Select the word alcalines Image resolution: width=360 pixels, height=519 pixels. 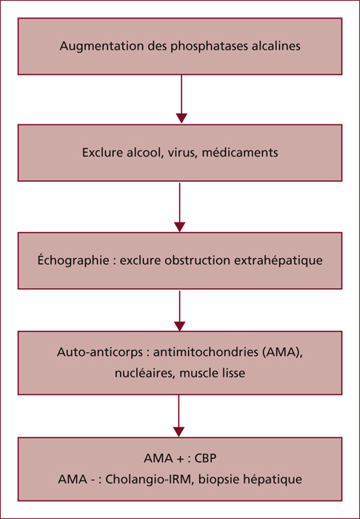pyautogui.click(x=276, y=46)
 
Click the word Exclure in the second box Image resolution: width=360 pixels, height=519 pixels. pyautogui.click(x=102, y=153)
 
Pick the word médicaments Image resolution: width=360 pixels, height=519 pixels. pyautogui.click(x=240, y=153)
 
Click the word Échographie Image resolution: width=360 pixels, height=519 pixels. pyautogui.click(x=73, y=260)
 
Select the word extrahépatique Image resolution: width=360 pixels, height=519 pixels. pyautogui.click(x=279, y=260)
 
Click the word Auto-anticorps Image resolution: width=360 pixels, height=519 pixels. pyautogui.click(x=99, y=352)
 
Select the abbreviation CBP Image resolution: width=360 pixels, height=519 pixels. pyautogui.click(x=205, y=458)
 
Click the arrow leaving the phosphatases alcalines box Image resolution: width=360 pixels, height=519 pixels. pyautogui.click(x=181, y=99)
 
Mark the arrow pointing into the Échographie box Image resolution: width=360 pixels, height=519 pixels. pyautogui.click(x=179, y=207)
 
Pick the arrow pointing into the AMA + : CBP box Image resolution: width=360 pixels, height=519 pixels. pyautogui.click(x=179, y=416)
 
